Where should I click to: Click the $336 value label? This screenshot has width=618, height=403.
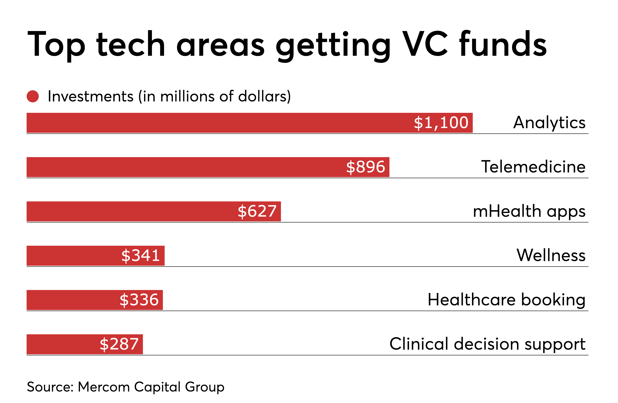click(x=139, y=300)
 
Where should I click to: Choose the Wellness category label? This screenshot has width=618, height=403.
click(x=551, y=255)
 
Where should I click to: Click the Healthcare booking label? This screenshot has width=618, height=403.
click(x=506, y=300)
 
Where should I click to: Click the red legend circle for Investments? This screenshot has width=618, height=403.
click(x=33, y=96)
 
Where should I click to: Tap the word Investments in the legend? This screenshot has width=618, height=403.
click(x=91, y=96)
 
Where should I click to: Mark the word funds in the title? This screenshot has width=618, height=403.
click(x=503, y=44)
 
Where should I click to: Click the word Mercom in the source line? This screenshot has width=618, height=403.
click(x=104, y=387)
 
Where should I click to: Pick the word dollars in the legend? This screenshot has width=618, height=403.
click(x=262, y=96)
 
